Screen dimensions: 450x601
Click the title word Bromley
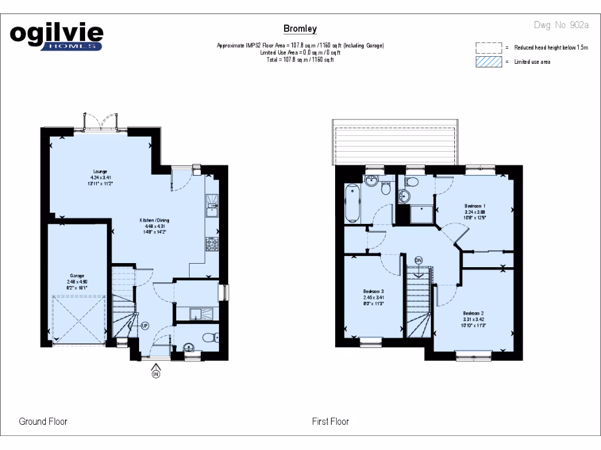pos(300,29)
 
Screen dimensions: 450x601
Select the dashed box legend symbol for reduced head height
pos(489,47)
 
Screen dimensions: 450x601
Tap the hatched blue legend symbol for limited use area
pos(489,62)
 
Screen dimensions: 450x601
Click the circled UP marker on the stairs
pos(144,325)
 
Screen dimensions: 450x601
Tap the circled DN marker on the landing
pos(418,260)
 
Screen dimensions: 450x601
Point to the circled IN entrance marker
pos(156,374)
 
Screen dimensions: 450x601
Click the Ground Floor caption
pos(43,421)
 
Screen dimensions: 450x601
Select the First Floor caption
pos(330,421)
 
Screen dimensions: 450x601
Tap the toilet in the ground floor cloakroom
pos(209,337)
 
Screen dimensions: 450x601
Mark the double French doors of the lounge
pos(102,121)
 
